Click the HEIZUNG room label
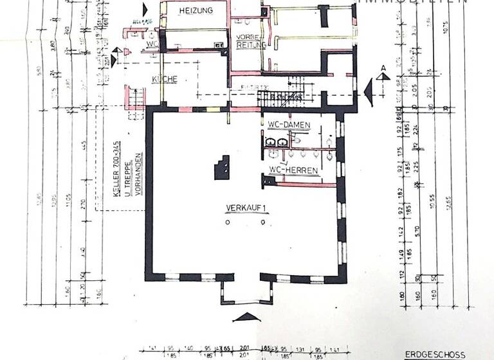pyautogui.click(x=196, y=11)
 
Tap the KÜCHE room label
pyautogui.click(x=164, y=79)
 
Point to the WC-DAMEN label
pyautogui.click(x=289, y=123)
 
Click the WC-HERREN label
pyautogui.click(x=293, y=170)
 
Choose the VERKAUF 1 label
pyautogui.click(x=245, y=208)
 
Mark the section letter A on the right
pyautogui.click(x=383, y=68)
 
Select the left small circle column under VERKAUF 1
pyautogui.click(x=227, y=222)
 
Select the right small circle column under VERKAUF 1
pyautogui.click(x=262, y=222)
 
